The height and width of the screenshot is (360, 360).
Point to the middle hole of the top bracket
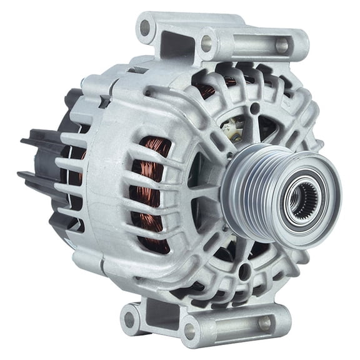[206, 43]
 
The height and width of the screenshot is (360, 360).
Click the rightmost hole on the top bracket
[282, 45]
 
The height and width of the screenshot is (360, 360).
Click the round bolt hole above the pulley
[254, 108]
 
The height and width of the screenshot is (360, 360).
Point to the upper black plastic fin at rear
[39, 138]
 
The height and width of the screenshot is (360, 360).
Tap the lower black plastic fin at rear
[37, 179]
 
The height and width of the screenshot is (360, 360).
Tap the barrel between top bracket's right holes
[244, 44]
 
